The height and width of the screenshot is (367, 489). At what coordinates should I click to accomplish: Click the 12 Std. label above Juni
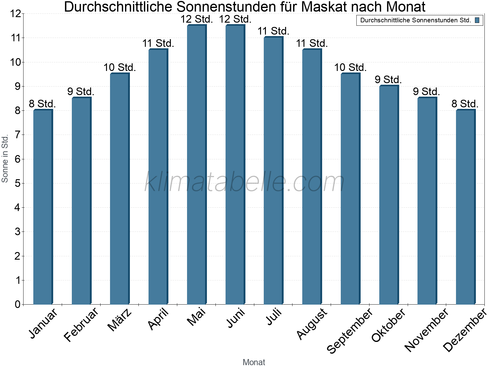tap(235, 19)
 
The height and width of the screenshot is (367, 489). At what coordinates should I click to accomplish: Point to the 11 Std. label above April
tap(158, 43)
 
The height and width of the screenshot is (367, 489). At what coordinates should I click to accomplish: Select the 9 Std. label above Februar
tap(81, 92)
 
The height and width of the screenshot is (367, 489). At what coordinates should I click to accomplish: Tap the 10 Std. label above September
tap(350, 68)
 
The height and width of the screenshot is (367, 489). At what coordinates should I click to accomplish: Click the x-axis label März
tap(120, 320)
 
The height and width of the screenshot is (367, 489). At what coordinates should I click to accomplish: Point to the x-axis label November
tap(426, 330)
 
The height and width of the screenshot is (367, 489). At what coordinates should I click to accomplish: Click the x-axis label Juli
tap(274, 317)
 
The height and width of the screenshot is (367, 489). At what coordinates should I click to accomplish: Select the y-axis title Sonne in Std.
tap(5, 159)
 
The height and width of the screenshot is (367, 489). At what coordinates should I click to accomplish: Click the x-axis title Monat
tap(254, 362)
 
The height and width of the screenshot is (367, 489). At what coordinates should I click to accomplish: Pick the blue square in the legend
tap(477, 20)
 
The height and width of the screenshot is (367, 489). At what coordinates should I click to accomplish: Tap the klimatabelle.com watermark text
tap(244, 182)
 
